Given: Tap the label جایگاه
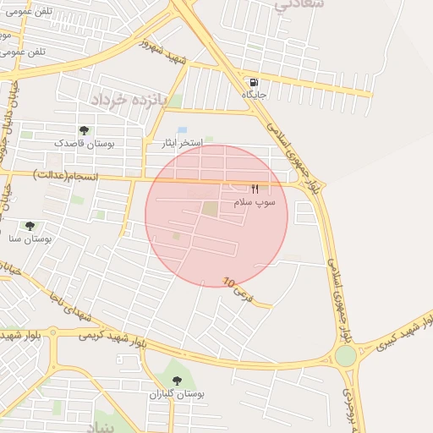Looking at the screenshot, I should coord(254,94).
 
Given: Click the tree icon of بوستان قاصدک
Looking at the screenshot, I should coord(84,129).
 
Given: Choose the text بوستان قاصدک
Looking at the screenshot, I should coord(84,144).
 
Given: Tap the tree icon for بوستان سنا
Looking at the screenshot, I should coord(30,226).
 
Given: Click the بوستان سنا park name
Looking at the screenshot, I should coord(36,240).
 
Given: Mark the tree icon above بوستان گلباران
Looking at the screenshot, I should coord(177,380).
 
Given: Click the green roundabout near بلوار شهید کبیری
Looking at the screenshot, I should coord(345,355).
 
